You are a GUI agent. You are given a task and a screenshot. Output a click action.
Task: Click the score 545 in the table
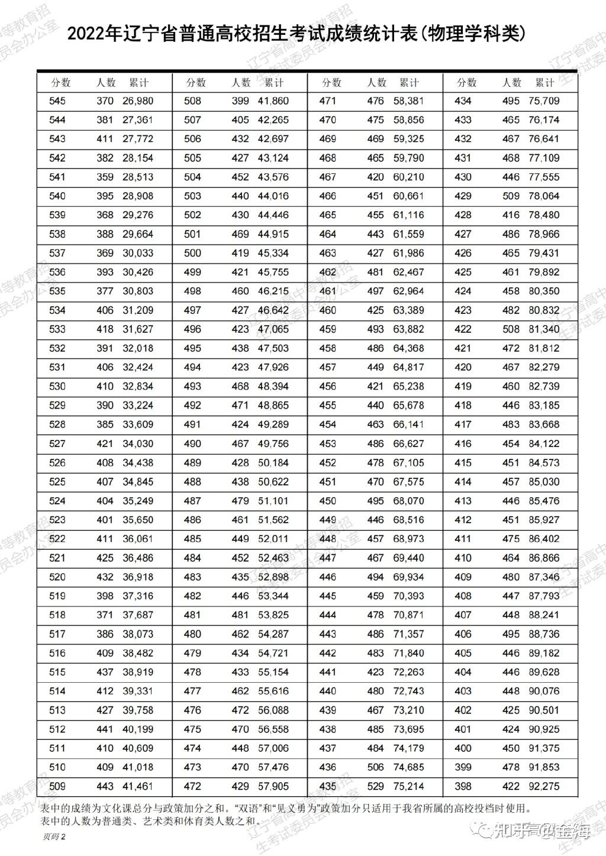[x=57, y=101]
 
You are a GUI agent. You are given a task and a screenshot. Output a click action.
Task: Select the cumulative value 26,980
[x=138, y=101]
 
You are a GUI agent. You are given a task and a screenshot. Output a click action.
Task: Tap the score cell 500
[x=192, y=253]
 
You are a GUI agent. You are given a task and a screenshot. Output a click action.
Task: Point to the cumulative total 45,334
[x=273, y=253]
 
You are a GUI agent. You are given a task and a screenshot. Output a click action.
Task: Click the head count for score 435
[x=375, y=786]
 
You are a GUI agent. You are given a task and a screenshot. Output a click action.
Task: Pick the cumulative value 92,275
[x=544, y=786]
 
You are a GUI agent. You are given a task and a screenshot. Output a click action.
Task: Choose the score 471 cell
[x=327, y=101]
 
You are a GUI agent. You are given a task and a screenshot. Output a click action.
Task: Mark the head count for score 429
[x=511, y=196]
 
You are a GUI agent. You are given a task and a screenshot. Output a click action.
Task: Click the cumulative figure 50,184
[x=273, y=463]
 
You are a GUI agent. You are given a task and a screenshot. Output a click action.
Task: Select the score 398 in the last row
[x=463, y=786]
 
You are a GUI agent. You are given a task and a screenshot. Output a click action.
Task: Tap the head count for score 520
[x=105, y=577]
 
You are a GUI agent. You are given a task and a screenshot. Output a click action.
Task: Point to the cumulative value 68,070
[x=409, y=501]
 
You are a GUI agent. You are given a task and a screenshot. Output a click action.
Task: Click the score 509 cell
[x=57, y=786]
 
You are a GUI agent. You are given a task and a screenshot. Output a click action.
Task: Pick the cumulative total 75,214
[x=409, y=786]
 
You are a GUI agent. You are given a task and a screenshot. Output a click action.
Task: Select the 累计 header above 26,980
[x=138, y=83]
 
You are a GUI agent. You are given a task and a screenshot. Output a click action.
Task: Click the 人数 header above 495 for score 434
[x=511, y=83]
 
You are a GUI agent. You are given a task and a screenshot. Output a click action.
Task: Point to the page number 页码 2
[x=53, y=836]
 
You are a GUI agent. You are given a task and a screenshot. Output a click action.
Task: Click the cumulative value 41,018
[x=138, y=767]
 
